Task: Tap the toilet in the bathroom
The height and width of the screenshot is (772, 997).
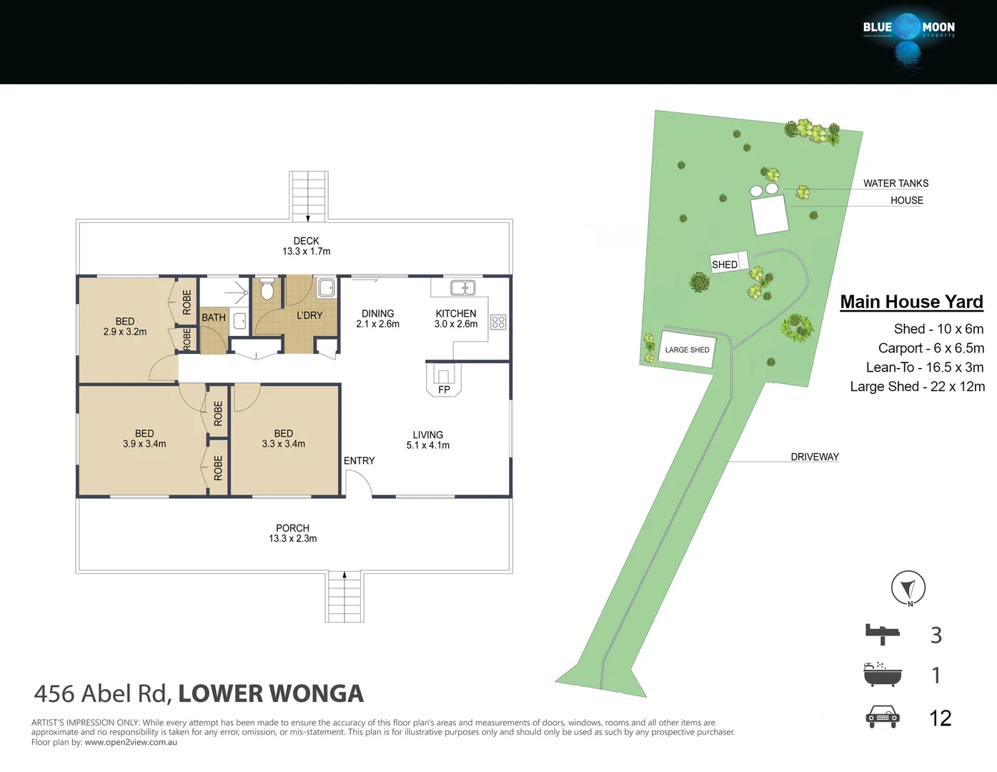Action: (267, 289)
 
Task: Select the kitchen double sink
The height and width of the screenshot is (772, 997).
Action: (462, 288)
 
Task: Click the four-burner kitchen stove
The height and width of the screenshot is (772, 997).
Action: (498, 322)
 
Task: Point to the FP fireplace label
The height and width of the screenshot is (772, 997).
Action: (444, 390)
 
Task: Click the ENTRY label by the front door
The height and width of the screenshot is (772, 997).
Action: (359, 461)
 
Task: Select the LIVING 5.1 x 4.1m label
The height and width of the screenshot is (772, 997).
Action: (427, 440)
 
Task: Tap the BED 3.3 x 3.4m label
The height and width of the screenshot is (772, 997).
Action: (283, 439)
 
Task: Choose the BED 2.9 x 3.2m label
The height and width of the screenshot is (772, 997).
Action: (125, 327)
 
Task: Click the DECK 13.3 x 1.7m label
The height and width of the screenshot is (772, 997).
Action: (306, 246)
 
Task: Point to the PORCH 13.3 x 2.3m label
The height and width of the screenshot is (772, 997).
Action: (292, 533)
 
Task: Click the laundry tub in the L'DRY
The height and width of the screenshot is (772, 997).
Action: (327, 287)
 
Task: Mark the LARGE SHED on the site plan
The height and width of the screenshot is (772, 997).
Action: (687, 350)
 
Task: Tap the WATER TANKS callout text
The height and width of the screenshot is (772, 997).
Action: (896, 184)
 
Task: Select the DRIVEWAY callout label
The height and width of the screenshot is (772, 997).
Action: (814, 457)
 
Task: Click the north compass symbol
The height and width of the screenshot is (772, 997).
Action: (908, 589)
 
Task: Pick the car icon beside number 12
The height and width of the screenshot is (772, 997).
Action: (882, 717)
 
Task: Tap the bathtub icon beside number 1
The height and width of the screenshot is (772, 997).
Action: (882, 674)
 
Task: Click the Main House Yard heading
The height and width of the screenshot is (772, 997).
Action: (911, 302)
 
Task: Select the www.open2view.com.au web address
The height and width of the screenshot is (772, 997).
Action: (131, 743)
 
